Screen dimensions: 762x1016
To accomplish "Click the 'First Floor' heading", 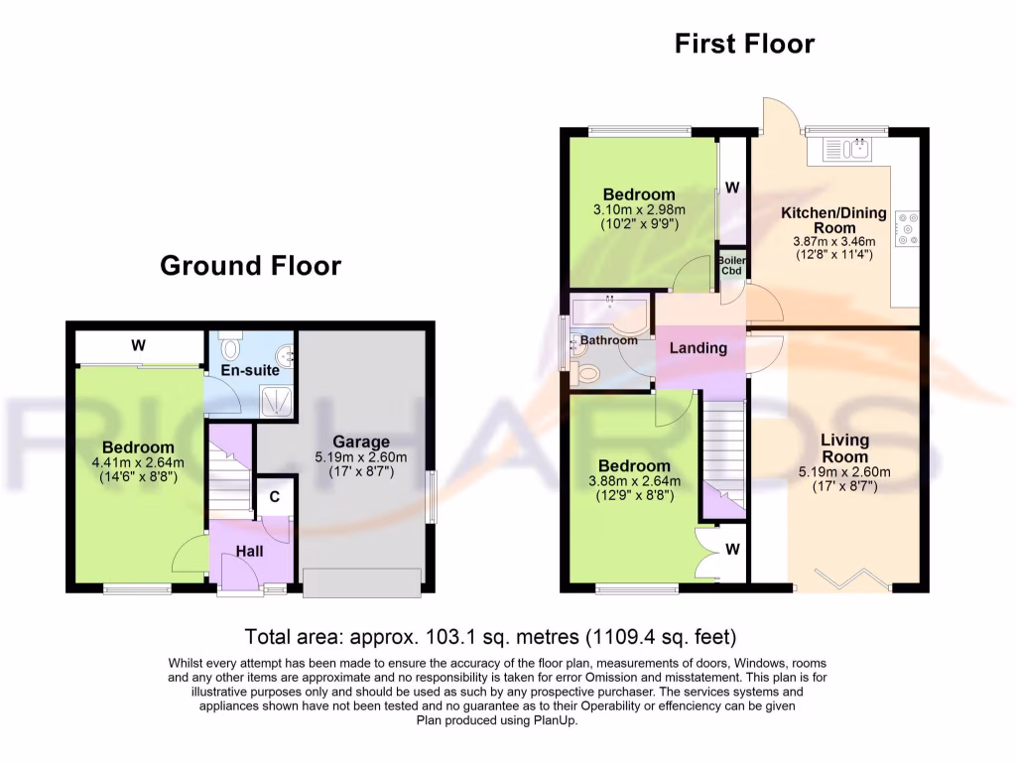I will (744, 44).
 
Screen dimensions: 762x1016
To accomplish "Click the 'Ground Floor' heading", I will (250, 266).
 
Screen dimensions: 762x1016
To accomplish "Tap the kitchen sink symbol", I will (846, 150).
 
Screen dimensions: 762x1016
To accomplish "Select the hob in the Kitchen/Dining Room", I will (906, 228).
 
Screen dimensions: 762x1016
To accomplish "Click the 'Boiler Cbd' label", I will (732, 265).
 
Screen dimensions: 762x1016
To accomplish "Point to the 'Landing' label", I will (698, 348).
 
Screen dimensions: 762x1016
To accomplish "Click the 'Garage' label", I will (361, 443).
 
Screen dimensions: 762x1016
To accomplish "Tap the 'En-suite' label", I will (250, 370).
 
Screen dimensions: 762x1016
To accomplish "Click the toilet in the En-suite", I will (231, 347).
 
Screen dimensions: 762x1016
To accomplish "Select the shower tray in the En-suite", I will (276, 400).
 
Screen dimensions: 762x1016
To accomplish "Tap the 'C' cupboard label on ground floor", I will (274, 497).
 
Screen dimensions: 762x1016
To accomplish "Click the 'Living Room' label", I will (843, 447).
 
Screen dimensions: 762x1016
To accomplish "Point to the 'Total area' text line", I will (490, 636).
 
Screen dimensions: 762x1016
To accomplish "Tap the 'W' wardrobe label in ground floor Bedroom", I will (139, 345).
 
